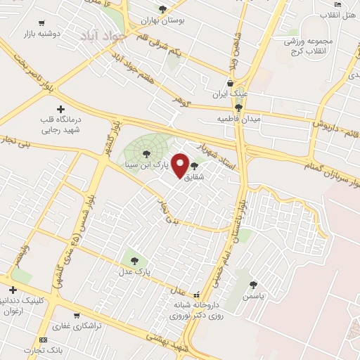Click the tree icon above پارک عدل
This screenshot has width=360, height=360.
click(134, 260)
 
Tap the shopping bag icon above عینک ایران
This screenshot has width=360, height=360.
click(230, 83)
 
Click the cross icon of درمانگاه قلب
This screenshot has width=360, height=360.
click(60, 109)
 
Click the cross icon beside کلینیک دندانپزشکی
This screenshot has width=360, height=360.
click(12, 290)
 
